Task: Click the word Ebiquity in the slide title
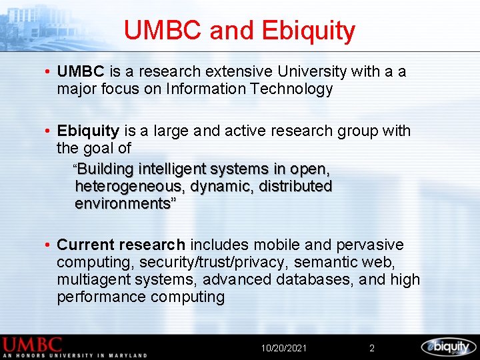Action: [x=309, y=31]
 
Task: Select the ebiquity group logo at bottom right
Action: [x=448, y=346]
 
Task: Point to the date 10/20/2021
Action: [x=284, y=348]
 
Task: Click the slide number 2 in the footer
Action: [x=372, y=348]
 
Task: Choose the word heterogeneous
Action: [x=130, y=186]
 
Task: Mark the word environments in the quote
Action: [x=123, y=203]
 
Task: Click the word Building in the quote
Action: [x=105, y=169]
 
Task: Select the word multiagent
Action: [x=94, y=279]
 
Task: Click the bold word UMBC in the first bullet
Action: [x=81, y=71]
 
